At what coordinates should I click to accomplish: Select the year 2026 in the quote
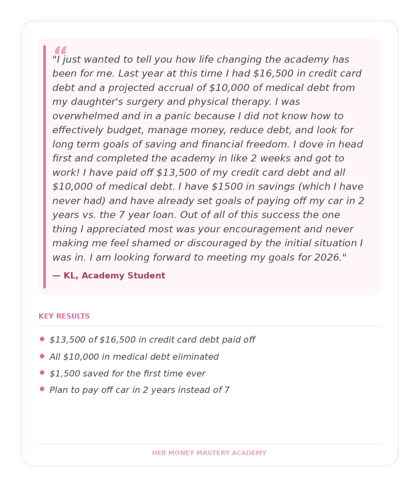327,257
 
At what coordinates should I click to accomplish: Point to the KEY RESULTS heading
64,316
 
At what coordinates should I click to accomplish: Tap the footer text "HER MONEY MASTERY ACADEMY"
209,453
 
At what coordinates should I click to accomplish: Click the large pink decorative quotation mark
60,50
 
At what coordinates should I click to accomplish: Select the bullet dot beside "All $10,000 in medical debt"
42,356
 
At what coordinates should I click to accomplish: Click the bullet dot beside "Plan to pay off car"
42,389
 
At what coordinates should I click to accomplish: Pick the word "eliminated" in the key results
199,357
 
